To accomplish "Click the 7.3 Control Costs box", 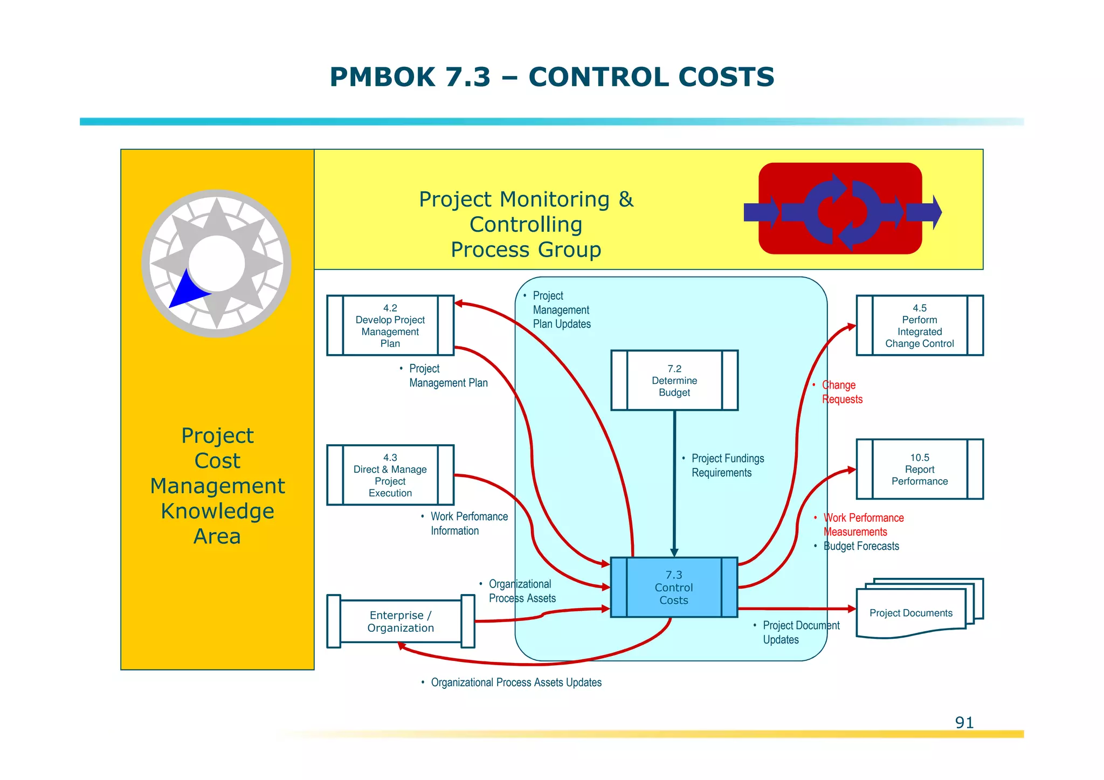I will (x=673, y=587).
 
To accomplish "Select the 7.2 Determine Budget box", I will (x=674, y=381).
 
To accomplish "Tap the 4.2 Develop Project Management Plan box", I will (x=390, y=326).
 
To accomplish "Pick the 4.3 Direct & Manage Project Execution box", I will (x=390, y=475).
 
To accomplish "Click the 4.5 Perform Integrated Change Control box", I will (x=919, y=326).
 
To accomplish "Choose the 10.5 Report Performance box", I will (x=919, y=469).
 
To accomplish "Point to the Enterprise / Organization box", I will (x=400, y=622).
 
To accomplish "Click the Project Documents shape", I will (x=910, y=613).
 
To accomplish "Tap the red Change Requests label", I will (x=841, y=392).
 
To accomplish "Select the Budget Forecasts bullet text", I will (x=861, y=546).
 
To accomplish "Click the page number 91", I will (x=964, y=722).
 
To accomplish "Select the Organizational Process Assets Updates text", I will (x=516, y=682).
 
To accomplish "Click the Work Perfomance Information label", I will (x=468, y=523).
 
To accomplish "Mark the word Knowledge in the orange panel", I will (x=217, y=511).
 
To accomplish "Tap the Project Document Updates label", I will (x=801, y=632).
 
